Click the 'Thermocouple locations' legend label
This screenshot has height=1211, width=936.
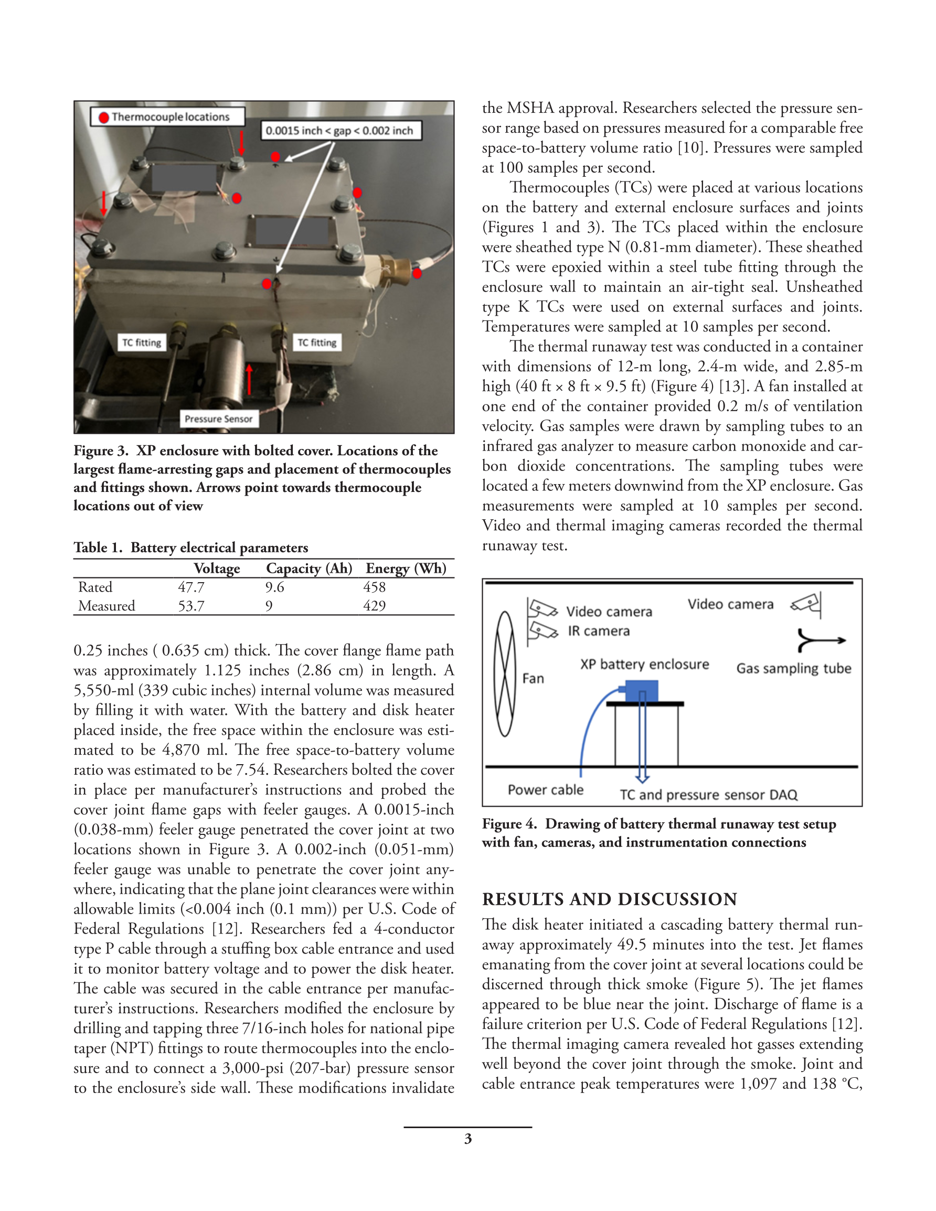171,117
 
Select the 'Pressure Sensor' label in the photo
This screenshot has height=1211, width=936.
219,419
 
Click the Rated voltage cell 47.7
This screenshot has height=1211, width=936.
191,587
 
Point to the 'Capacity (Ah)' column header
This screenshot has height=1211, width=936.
309,569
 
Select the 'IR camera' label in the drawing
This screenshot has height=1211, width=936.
599,631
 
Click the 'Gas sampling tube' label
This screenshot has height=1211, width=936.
793,669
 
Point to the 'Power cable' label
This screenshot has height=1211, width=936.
546,790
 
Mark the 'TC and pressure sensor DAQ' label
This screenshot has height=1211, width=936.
708,795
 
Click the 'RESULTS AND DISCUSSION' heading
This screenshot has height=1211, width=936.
609,899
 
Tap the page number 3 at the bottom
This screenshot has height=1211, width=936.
467,1139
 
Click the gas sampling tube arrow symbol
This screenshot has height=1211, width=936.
820,640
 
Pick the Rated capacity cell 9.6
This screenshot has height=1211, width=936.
274,587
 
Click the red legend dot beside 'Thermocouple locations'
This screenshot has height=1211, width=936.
103,117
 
